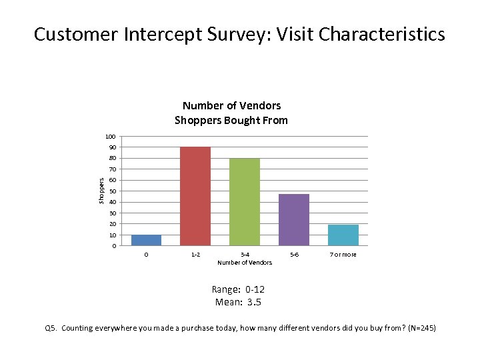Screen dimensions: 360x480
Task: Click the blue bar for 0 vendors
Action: coord(146,241)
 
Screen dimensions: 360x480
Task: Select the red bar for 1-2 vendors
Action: coord(195,197)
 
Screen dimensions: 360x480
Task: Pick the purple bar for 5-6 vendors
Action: coord(294,220)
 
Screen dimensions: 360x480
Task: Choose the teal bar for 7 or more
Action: coord(343,235)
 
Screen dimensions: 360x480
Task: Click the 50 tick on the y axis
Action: coord(112,191)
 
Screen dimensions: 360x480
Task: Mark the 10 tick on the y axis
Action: coord(112,235)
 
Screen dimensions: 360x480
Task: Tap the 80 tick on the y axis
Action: coord(112,159)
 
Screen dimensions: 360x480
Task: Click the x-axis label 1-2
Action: coord(195,255)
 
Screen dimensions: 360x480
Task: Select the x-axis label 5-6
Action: coord(294,255)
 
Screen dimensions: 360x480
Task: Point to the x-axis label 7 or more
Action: coord(343,255)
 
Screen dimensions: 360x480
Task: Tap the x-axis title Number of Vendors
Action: coord(245,263)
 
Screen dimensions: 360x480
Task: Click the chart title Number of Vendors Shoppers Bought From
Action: coord(231,113)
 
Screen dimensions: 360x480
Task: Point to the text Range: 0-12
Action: coord(238,290)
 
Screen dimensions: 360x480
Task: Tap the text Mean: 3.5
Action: coord(238,302)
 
